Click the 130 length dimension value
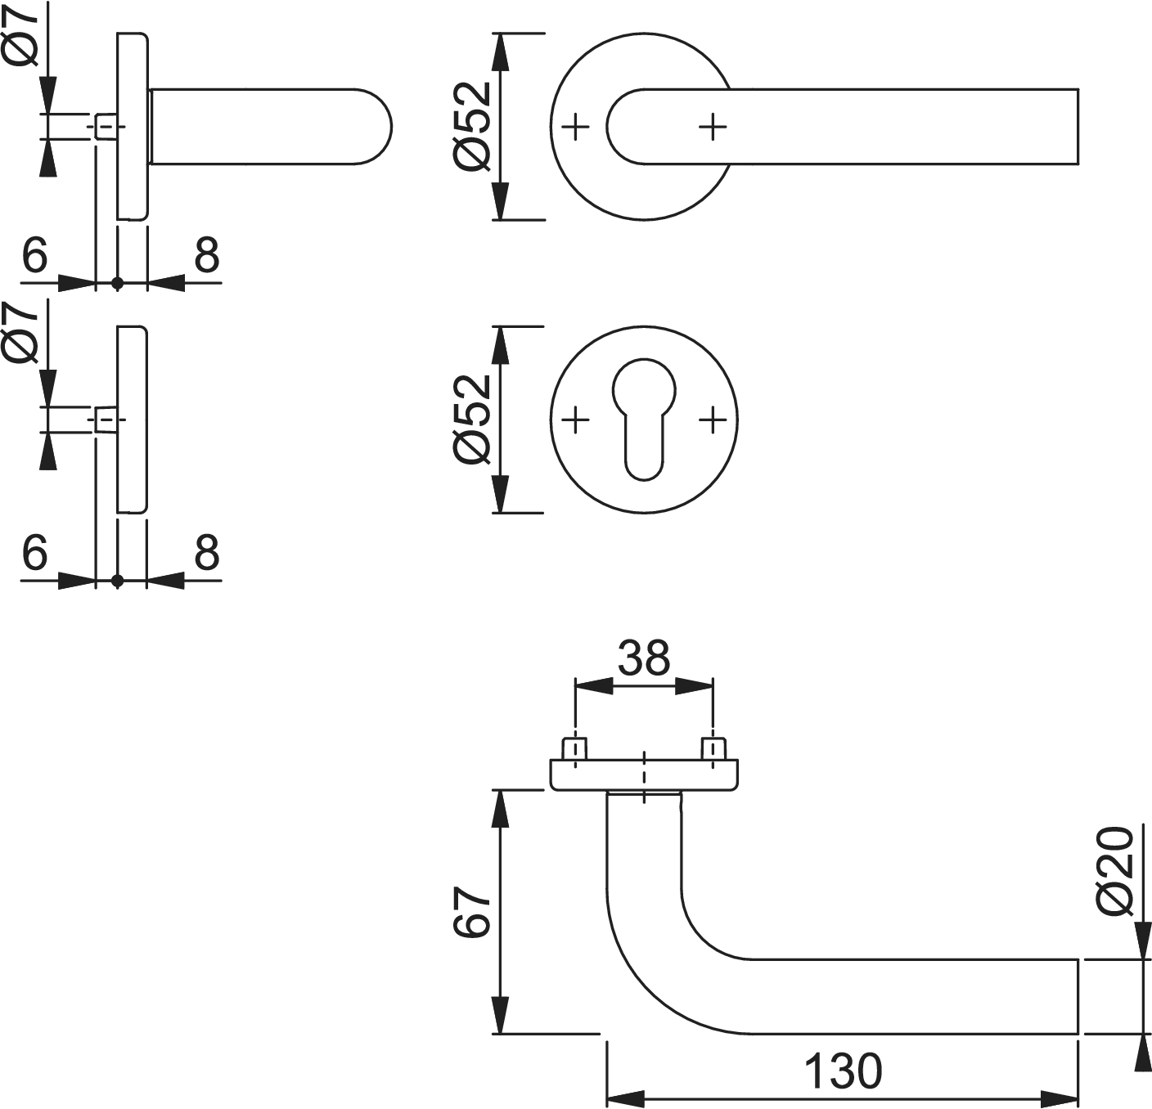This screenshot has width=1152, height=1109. coord(844,1071)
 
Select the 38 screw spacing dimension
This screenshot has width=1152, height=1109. coord(644,658)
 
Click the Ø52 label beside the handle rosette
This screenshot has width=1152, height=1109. coord(473,128)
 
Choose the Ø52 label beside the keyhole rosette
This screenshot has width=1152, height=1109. coord(473,420)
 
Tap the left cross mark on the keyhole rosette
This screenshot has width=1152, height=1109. coord(576,420)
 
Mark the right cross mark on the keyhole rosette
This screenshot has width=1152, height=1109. coord(713,420)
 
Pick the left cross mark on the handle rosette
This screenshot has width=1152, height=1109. coord(576,127)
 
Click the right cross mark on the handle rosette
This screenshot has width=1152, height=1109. coord(713,127)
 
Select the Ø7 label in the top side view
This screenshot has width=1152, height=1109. coord(21,34)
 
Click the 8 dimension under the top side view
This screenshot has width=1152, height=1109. coord(207,256)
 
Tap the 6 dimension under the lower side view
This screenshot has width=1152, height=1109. coord(35,553)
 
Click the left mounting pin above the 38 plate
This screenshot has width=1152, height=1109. coord(575,748)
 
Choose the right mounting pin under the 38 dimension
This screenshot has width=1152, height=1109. coord(713,748)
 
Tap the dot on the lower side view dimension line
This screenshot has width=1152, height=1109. coord(117,581)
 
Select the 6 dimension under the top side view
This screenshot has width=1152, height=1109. coord(35,256)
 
